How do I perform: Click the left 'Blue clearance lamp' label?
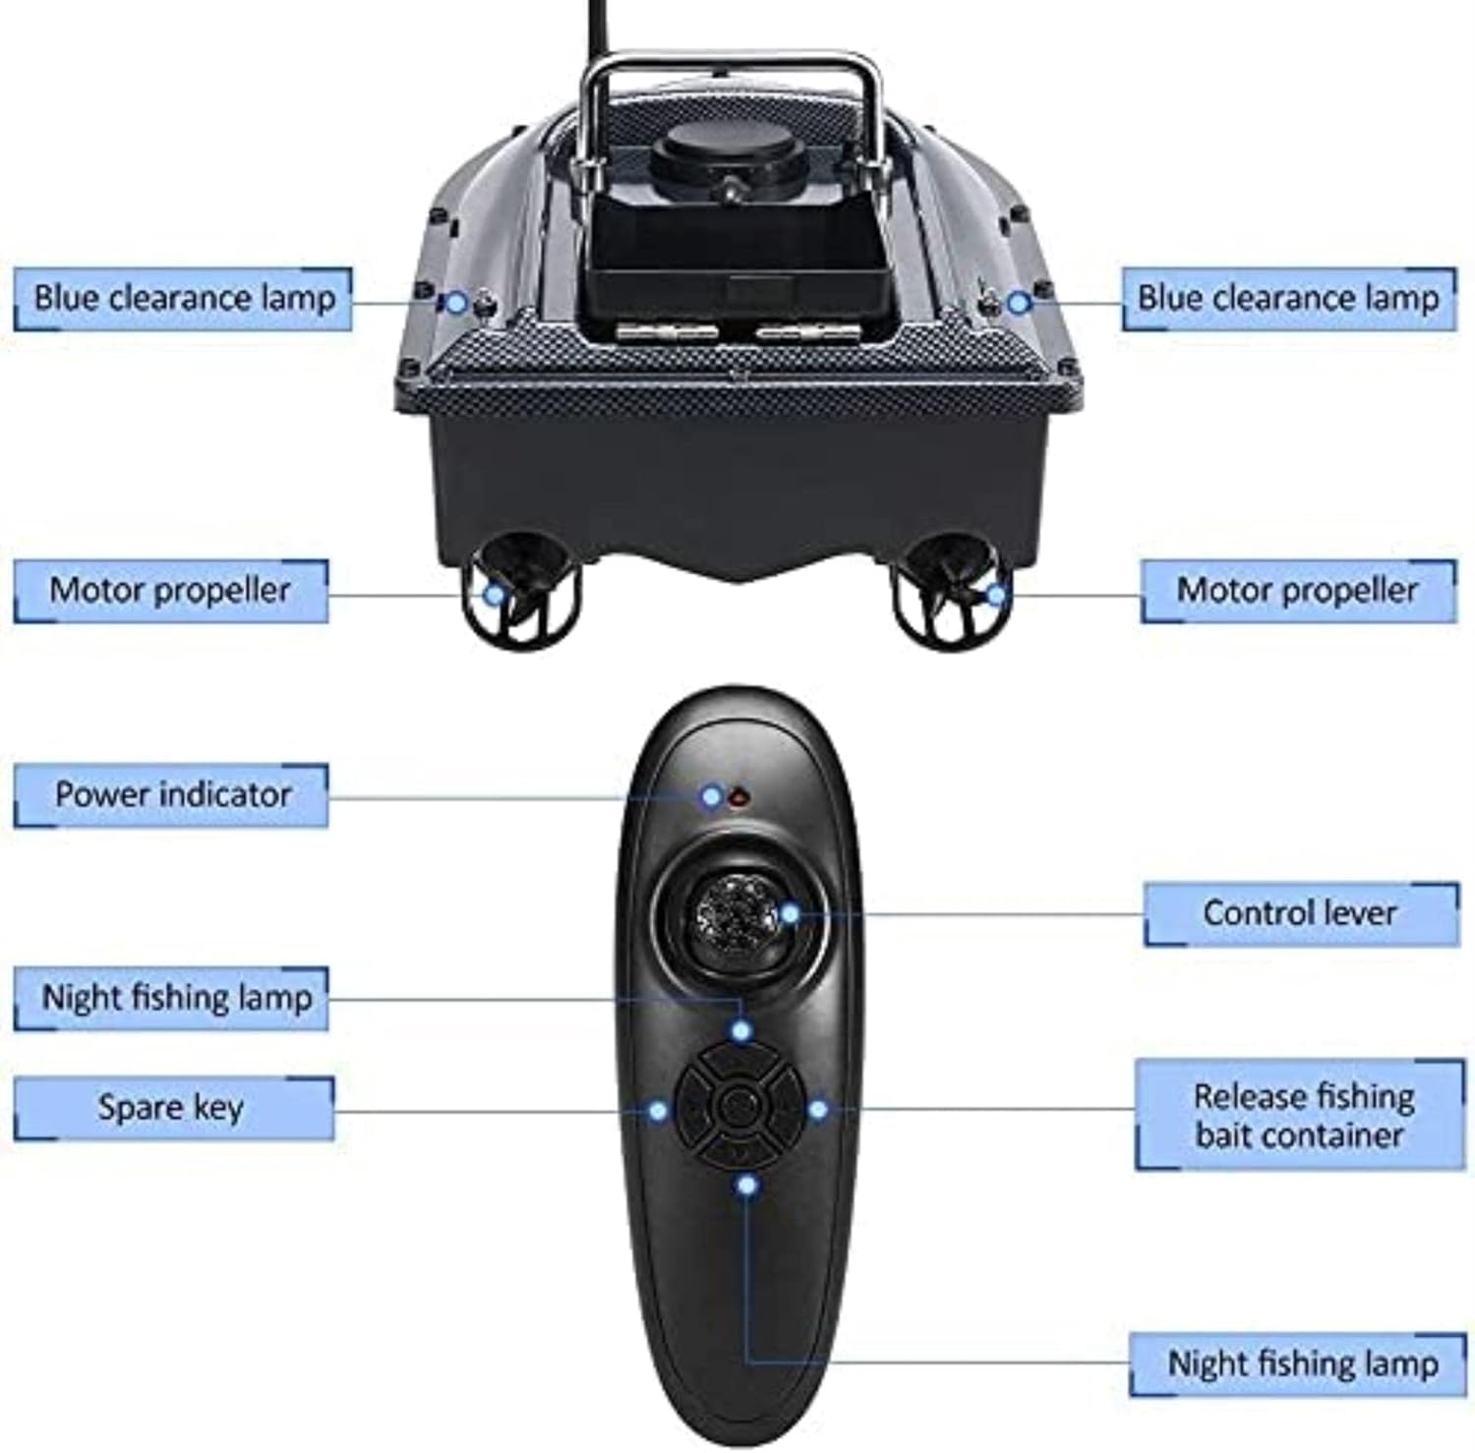[184, 298]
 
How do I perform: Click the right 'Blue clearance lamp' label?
[1288, 298]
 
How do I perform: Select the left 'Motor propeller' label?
[170, 591]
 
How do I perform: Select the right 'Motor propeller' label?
[1297, 591]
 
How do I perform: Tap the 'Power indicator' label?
[172, 794]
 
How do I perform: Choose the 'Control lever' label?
[1300, 913]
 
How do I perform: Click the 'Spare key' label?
[172, 1108]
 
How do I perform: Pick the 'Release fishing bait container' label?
[1300, 1115]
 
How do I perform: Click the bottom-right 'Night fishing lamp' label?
[1300, 1364]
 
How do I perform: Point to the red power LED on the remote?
[737, 797]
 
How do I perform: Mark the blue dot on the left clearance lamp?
[455, 302]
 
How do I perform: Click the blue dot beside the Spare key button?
[658, 1111]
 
